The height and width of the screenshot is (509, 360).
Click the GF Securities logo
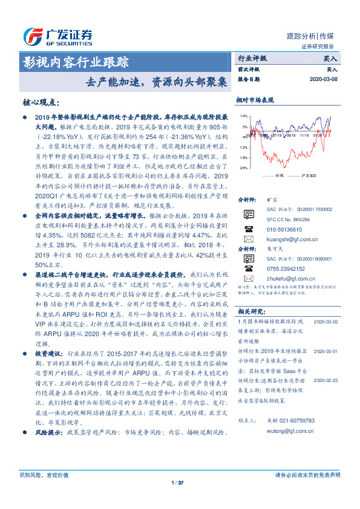[57, 35]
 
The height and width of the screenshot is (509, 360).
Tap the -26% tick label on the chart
[243, 167]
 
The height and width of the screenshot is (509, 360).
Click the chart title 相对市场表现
[255, 100]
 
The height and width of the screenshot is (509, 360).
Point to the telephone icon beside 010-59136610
[247, 230]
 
